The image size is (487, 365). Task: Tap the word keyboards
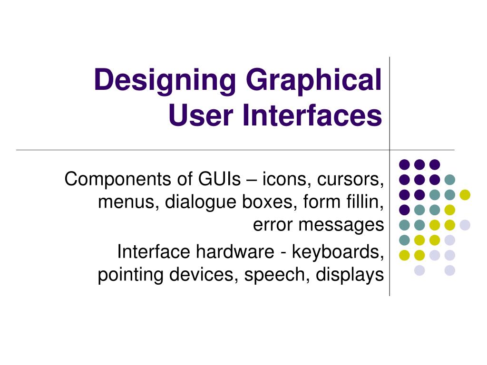pyautogui.click(x=338, y=252)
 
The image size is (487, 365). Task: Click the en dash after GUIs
pyautogui.click(x=249, y=181)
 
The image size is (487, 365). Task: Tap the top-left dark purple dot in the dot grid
pyautogui.click(x=404, y=164)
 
